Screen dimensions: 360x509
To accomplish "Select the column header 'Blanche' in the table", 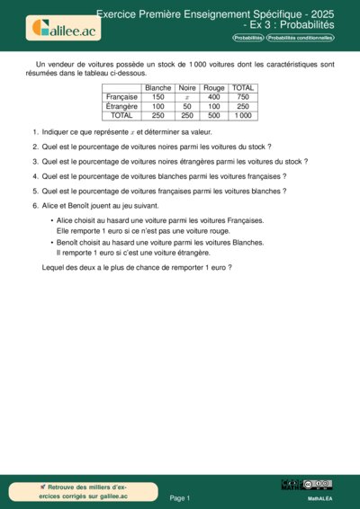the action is pyautogui.click(x=158, y=88).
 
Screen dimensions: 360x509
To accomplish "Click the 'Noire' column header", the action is pyautogui.click(x=187, y=88).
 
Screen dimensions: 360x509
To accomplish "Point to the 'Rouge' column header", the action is pyautogui.click(x=213, y=88).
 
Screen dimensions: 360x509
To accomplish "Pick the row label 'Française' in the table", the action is pyautogui.click(x=121, y=97).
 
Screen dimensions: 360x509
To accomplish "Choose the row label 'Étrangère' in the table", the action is pyautogui.click(x=121, y=106).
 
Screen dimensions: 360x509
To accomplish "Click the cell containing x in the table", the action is pyautogui.click(x=187, y=97).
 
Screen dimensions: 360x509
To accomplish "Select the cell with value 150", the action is pyautogui.click(x=158, y=97).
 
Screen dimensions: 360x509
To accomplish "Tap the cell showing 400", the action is pyautogui.click(x=213, y=97).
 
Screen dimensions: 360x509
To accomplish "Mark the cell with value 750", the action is pyautogui.click(x=242, y=97).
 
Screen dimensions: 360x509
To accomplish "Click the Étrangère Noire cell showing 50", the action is pyautogui.click(x=187, y=106).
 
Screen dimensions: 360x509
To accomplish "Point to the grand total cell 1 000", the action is pyautogui.click(x=242, y=115).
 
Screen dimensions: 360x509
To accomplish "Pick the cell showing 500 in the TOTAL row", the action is pyautogui.click(x=213, y=115).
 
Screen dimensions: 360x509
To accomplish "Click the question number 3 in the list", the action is pyautogui.click(x=35, y=161).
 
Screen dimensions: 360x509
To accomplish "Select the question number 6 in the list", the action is pyautogui.click(x=35, y=205).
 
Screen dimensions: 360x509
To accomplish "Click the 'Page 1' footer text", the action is pyautogui.click(x=180, y=497).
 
